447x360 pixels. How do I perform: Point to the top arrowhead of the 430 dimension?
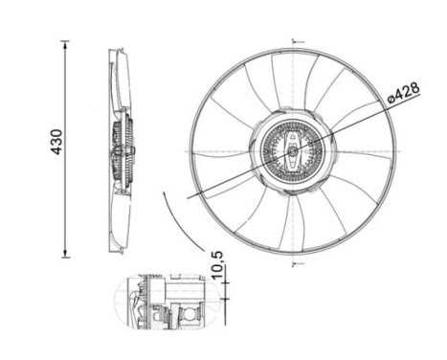coord(65,44)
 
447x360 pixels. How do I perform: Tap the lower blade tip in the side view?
coord(116,249)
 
